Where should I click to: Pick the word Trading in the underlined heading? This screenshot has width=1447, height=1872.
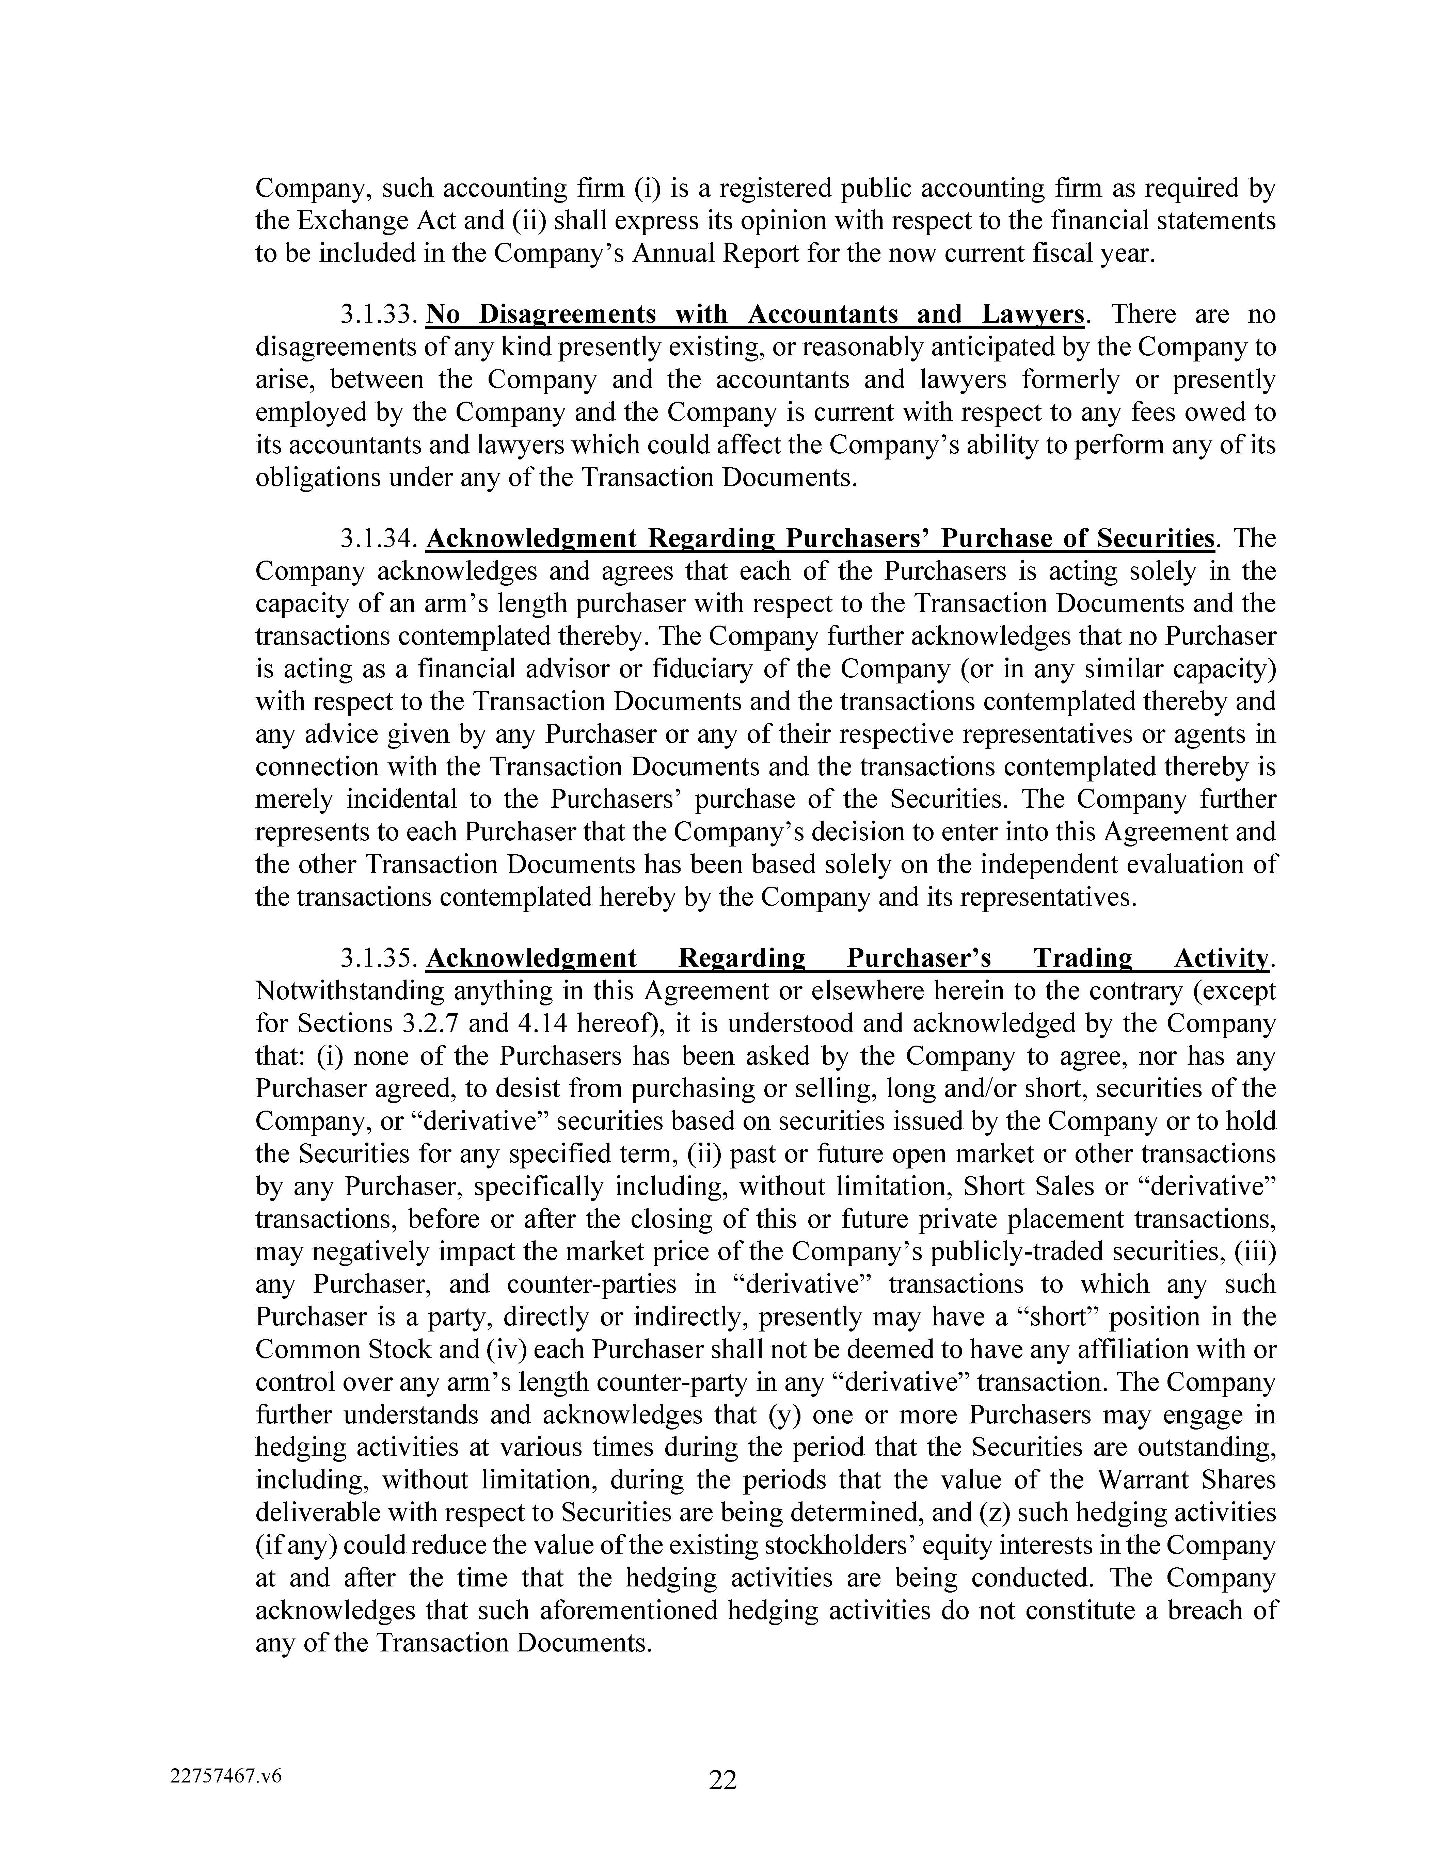(1082, 958)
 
